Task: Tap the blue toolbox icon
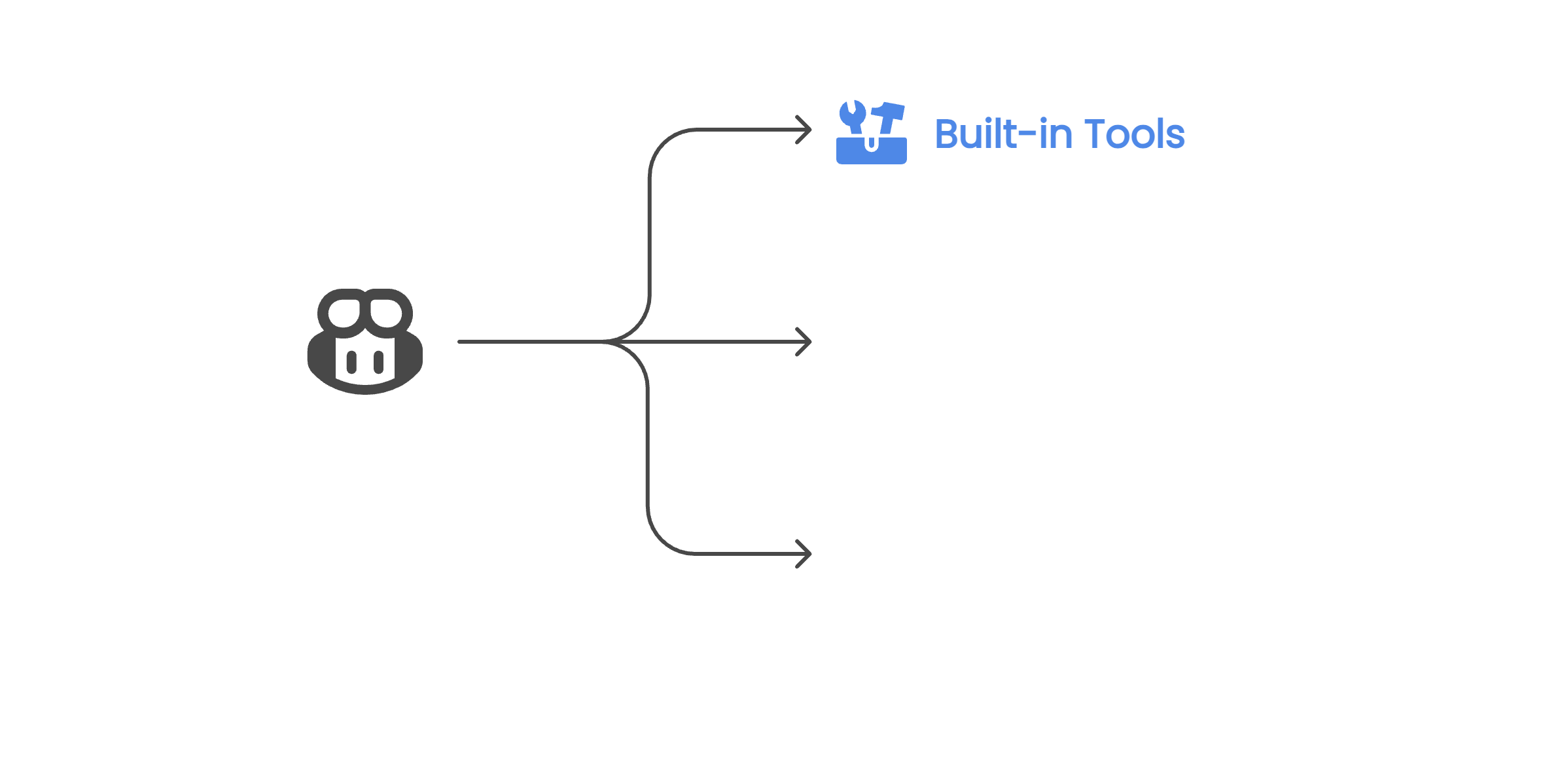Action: [x=872, y=133]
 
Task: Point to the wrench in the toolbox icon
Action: [x=853, y=117]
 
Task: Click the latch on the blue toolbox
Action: [x=872, y=143]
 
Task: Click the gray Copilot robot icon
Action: [x=365, y=341]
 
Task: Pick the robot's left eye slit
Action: [x=352, y=361]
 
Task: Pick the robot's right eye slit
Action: [x=378, y=361]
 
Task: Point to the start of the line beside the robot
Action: [x=460, y=342]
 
